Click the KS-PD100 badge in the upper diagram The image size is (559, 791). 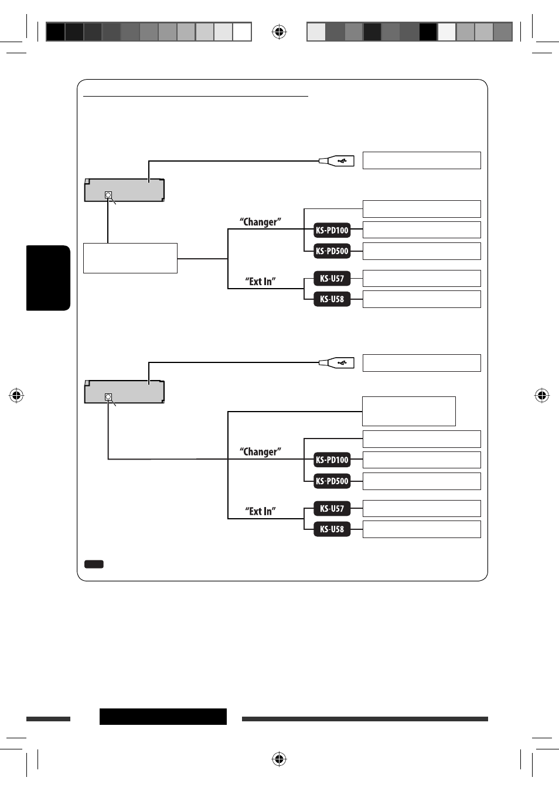click(x=332, y=230)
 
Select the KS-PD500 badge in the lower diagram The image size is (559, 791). click(x=332, y=481)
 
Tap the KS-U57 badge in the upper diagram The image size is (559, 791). click(x=332, y=278)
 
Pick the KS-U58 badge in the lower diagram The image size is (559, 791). click(x=332, y=529)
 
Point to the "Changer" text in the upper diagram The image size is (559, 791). click(x=260, y=222)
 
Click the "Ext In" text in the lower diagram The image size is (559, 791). click(x=260, y=511)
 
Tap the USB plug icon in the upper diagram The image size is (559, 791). click(x=336, y=161)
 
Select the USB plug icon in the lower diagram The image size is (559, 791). click(x=336, y=362)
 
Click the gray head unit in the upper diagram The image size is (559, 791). click(x=124, y=190)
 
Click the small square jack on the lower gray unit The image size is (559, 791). click(x=108, y=397)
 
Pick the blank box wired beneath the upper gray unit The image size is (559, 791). click(x=131, y=258)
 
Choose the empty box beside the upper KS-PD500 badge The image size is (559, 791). click(x=421, y=251)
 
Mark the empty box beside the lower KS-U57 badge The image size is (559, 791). click(x=421, y=508)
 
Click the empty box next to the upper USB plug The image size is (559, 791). click(x=421, y=160)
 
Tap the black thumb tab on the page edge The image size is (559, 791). click(x=48, y=278)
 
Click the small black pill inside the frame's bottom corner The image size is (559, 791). click(x=94, y=564)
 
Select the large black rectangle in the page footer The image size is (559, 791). click(x=163, y=717)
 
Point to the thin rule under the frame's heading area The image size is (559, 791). click(x=196, y=95)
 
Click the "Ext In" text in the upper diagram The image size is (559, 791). click(x=260, y=281)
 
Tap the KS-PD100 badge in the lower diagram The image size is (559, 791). click(x=332, y=460)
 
